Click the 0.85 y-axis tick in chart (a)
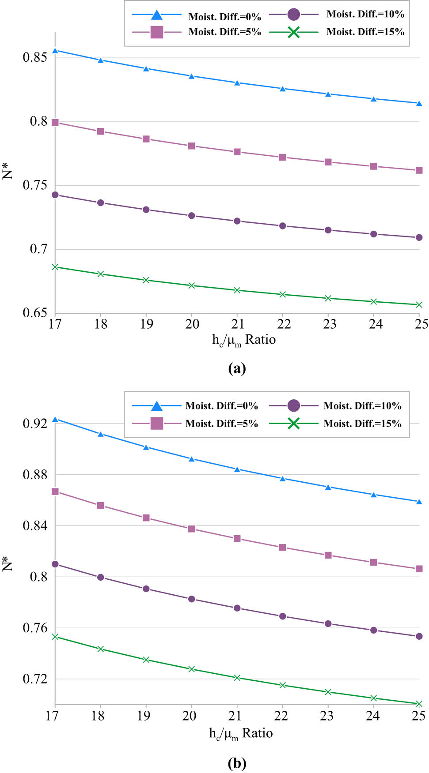(34, 57)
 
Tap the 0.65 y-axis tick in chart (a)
(34, 313)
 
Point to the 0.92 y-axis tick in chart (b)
(34, 424)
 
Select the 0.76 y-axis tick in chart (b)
(34, 628)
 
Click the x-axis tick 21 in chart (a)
(238, 324)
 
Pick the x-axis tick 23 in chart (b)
(326, 716)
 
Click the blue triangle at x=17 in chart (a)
(55, 51)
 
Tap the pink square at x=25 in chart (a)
(419, 170)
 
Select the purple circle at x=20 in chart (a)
(192, 216)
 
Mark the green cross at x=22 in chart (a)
(283, 294)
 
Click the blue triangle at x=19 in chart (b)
(146, 447)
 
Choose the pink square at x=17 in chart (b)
(55, 492)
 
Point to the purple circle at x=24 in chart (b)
(374, 630)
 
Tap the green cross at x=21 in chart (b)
(237, 678)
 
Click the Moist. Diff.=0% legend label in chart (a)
(224, 17)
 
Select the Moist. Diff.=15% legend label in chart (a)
(365, 32)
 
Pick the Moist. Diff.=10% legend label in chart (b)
(362, 406)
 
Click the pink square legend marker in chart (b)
(157, 424)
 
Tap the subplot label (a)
(237, 368)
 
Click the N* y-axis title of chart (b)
(8, 564)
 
